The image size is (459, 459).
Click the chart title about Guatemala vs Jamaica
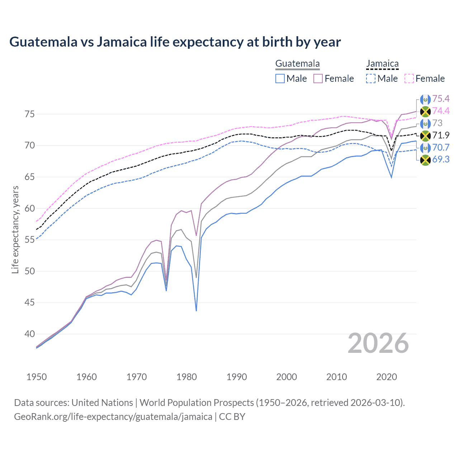pos(175,42)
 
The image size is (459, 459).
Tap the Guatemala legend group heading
pos(297,64)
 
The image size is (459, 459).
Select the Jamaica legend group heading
pos(382,64)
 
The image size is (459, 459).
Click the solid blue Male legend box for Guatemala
pos(280,79)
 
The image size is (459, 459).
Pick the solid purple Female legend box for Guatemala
pos(318,79)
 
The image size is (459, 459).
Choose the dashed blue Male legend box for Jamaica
pos(371,79)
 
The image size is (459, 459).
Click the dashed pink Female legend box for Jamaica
pos(409,79)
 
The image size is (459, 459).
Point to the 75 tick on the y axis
pos(30,114)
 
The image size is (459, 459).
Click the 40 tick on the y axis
pos(30,334)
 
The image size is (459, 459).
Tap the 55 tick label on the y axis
pos(30,240)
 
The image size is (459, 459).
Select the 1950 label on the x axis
pos(37,377)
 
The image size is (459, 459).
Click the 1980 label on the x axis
pos(186,377)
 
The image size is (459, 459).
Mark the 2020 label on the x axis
pos(387,377)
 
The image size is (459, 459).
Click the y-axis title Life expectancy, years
pos(15,229)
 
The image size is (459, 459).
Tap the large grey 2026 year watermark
pos(378,343)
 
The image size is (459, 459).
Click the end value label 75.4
pos(441,99)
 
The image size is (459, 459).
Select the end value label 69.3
pos(441,160)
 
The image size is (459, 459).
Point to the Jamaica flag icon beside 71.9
pos(425,136)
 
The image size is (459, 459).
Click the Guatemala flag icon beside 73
pos(425,123)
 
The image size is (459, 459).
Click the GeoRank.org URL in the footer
pos(113,417)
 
